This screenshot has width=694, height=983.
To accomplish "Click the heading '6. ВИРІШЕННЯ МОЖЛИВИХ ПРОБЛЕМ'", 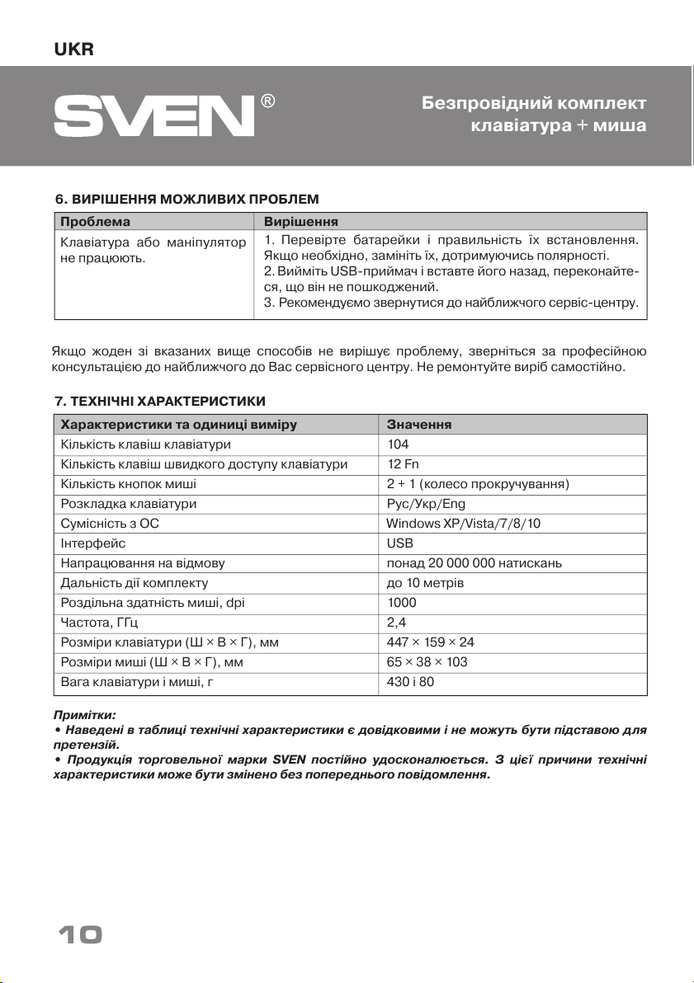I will pyautogui.click(x=186, y=199).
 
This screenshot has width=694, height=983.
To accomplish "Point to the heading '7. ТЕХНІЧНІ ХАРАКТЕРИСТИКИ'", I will pyautogui.click(x=159, y=401).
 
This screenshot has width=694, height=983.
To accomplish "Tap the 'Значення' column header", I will pyautogui.click(x=418, y=424).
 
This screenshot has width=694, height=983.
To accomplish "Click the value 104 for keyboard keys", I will pyautogui.click(x=398, y=444).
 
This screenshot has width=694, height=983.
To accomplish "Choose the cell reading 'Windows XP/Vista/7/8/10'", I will pyautogui.click(x=463, y=524).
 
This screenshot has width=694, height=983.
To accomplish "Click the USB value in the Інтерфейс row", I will pyautogui.click(x=400, y=543).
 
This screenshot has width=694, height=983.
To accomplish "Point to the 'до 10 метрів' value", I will pyautogui.click(x=425, y=583).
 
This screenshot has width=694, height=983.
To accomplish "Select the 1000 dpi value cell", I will pyautogui.click(x=402, y=603).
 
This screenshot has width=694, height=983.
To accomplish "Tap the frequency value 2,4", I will pyautogui.click(x=396, y=623).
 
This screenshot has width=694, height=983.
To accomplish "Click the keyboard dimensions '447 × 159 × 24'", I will pyautogui.click(x=430, y=642).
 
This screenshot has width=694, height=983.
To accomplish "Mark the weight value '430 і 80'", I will pyautogui.click(x=410, y=682).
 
